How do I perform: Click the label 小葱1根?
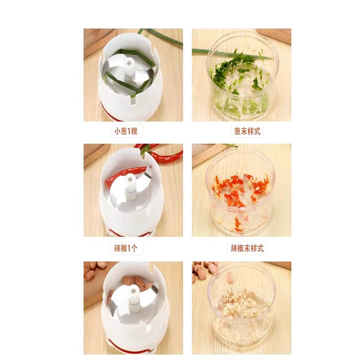[x=126, y=131]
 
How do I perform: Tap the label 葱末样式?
[x=247, y=131]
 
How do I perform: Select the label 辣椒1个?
[x=126, y=248]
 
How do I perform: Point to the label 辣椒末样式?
[x=247, y=248]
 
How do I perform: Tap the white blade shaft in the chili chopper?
[x=131, y=186]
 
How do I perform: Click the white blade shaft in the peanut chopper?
[x=134, y=298]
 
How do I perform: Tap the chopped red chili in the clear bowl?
[x=240, y=191]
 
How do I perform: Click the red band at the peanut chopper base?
[x=129, y=347]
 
